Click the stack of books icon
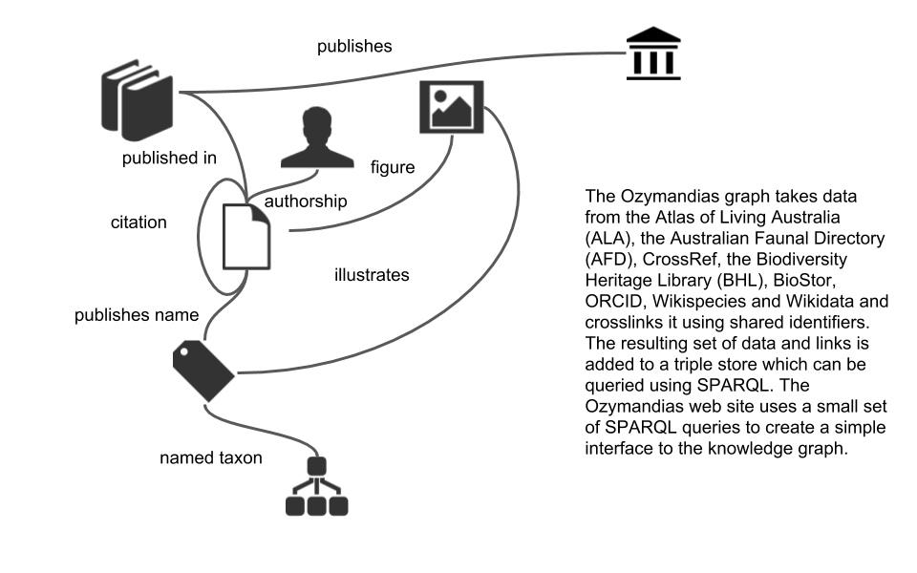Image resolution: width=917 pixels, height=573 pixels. [x=138, y=100]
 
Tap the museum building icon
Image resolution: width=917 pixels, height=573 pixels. [x=653, y=53]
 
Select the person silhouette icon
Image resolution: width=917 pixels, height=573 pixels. [x=317, y=138]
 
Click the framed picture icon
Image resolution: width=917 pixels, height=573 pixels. [x=452, y=107]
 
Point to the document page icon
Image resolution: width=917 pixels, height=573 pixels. [x=246, y=237]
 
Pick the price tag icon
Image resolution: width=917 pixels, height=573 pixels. [x=203, y=371]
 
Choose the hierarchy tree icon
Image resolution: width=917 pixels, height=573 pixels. [x=316, y=486]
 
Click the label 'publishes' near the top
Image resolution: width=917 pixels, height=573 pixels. [x=354, y=46]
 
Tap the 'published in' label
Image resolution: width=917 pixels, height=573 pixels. [x=169, y=158]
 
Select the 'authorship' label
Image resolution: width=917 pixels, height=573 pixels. [x=306, y=202]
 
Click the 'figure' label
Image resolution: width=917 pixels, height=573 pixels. [x=393, y=167]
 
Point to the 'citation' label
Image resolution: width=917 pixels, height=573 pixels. [x=139, y=223]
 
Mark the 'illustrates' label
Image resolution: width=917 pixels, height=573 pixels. [x=372, y=275]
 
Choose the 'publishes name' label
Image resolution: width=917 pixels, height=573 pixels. [x=137, y=315]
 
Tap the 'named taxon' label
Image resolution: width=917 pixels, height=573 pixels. [x=211, y=457]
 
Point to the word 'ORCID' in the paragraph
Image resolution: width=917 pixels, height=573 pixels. [x=613, y=301]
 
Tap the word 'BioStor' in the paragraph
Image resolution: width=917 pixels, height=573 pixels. [x=804, y=280]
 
